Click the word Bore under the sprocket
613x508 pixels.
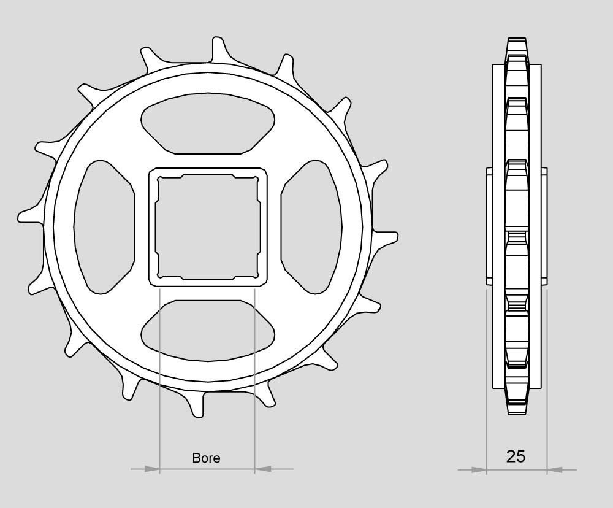(x=206, y=458)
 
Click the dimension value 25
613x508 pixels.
(x=516, y=456)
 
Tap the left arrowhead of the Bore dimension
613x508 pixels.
(x=152, y=469)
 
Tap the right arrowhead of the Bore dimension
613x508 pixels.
(x=262, y=469)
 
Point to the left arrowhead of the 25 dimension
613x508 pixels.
(x=479, y=469)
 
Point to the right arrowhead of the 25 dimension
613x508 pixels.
(x=555, y=469)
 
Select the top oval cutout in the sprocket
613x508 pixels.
(x=208, y=124)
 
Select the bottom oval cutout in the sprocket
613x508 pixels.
(x=208, y=331)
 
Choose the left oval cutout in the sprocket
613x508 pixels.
(x=104, y=227)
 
